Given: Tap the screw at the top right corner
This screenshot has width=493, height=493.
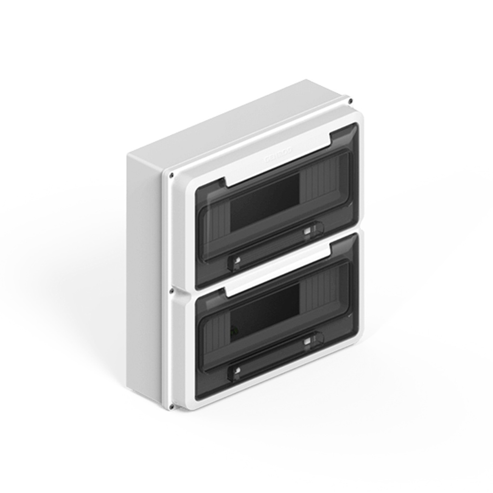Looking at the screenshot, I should tap(350, 101).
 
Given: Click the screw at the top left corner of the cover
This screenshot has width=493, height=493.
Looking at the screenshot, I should tap(171, 176).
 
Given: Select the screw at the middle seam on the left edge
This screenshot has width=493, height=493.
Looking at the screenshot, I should tap(171, 291).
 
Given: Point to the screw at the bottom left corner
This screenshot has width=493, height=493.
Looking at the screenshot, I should tap(171, 407).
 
